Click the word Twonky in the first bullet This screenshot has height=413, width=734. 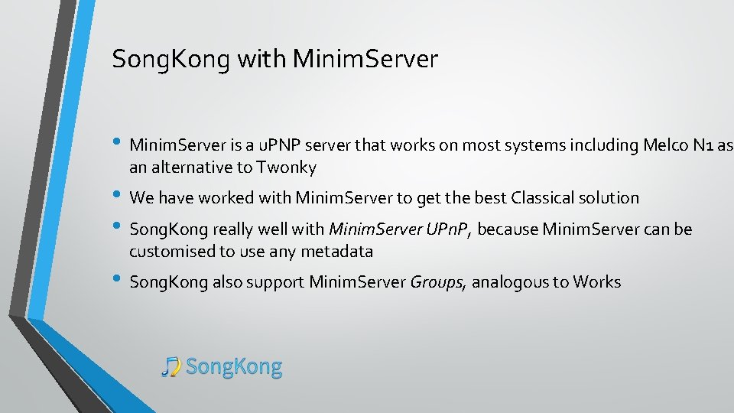[x=287, y=167]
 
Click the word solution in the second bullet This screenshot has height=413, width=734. [x=609, y=198]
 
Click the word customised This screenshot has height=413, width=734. [x=168, y=251]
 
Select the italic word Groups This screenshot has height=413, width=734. [x=437, y=282]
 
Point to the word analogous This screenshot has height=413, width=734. [x=508, y=282]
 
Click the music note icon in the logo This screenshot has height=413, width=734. [x=171, y=367]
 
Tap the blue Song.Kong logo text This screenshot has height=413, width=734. [x=234, y=367]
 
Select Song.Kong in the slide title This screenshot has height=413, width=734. [x=170, y=59]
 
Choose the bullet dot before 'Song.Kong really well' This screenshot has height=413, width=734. [x=118, y=228]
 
